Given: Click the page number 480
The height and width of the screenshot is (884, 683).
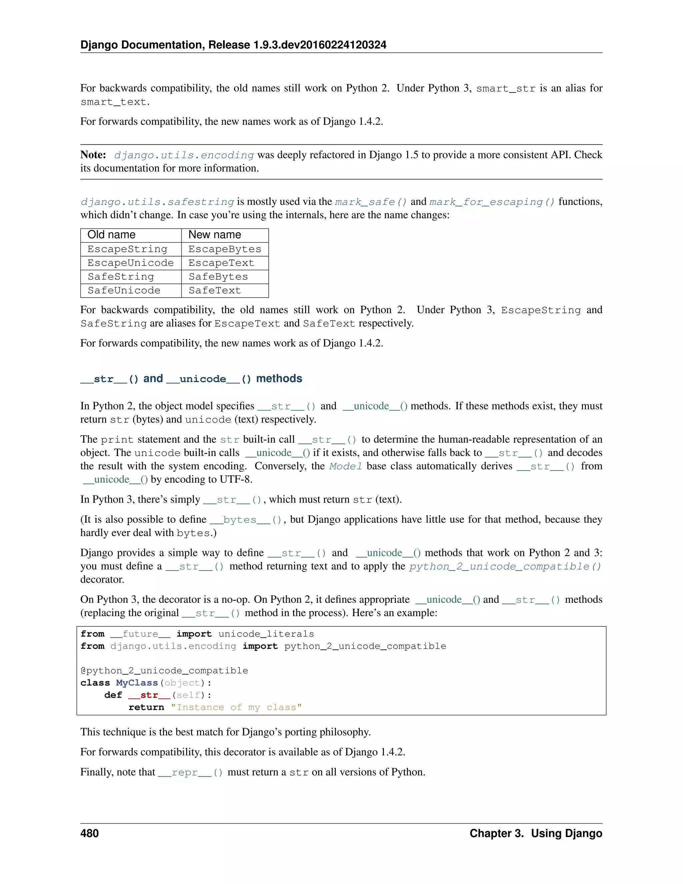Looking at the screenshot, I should tap(89, 833).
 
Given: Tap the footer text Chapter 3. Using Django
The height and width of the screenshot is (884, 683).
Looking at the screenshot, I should tap(535, 833).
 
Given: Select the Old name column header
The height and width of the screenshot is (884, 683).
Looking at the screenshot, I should tap(111, 235).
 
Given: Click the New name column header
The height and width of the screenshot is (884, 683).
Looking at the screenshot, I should tap(214, 235).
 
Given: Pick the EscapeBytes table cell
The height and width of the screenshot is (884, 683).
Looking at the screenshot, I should tap(224, 249).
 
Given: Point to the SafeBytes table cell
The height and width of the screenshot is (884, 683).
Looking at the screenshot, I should tap(218, 277).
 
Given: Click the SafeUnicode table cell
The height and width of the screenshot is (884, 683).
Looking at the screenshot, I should tap(124, 291).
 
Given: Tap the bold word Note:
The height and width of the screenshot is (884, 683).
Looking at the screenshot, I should tap(93, 155).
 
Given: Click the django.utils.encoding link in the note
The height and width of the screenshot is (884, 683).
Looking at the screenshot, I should tap(184, 155).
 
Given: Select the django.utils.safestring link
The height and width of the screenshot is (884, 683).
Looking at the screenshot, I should tap(157, 202).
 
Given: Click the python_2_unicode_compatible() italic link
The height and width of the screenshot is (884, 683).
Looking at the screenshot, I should tap(505, 567).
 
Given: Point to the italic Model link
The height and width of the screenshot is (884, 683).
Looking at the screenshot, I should tap(346, 466).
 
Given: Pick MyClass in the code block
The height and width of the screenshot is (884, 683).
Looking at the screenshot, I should tap(137, 683).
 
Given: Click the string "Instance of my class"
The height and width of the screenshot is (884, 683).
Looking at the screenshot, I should tap(236, 708).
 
